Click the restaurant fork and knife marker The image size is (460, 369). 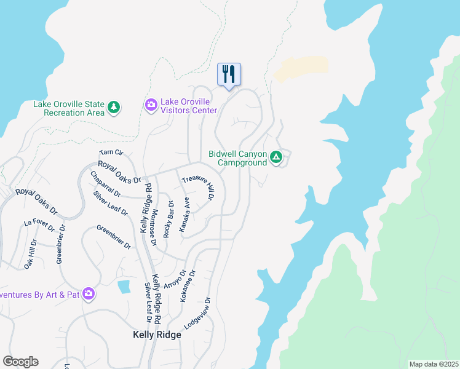click(x=229, y=74)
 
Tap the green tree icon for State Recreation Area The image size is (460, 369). click(x=114, y=108)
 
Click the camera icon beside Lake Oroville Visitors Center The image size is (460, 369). click(x=151, y=106)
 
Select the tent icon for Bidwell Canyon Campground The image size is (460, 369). click(x=277, y=158)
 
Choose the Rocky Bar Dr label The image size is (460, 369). click(x=169, y=220)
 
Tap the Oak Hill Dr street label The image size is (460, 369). click(x=31, y=254)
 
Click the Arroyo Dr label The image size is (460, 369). click(x=175, y=279)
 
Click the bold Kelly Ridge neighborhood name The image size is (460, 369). click(x=157, y=335)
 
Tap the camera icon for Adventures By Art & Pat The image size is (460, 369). click(x=89, y=294)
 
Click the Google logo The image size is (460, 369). click(x=20, y=362)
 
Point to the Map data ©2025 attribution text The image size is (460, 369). click(x=433, y=364)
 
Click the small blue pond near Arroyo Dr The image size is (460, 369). click(x=124, y=286)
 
